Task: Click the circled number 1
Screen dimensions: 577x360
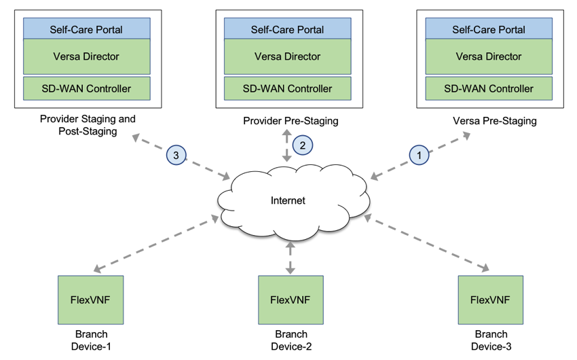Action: point(419,155)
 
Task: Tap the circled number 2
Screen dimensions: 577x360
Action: point(303,145)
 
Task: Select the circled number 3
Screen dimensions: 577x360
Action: point(176,155)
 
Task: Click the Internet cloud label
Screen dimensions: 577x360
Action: point(288,200)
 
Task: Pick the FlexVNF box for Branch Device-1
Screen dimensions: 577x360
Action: point(90,300)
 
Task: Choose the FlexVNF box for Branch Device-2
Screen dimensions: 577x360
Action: point(291,300)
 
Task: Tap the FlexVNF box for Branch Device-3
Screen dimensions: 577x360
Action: point(491,300)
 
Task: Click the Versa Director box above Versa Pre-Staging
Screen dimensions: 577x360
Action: point(489,56)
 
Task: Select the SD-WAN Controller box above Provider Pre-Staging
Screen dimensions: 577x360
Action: point(287,88)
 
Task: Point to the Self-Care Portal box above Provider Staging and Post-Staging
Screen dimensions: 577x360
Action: point(86,29)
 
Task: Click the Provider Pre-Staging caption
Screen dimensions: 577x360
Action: point(291,121)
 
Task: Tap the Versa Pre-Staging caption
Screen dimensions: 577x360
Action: point(495,121)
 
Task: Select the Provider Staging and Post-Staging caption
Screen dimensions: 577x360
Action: point(88,125)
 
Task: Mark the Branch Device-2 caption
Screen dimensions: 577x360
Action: point(291,340)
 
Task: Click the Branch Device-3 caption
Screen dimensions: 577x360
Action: point(491,340)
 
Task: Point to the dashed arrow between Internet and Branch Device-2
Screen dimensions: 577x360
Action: point(291,257)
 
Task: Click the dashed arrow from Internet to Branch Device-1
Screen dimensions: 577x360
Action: point(156,244)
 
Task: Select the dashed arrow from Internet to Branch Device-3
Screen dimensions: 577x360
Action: point(427,243)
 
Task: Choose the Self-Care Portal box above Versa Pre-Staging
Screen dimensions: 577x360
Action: point(489,29)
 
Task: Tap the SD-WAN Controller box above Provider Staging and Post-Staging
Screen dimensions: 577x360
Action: point(86,88)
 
